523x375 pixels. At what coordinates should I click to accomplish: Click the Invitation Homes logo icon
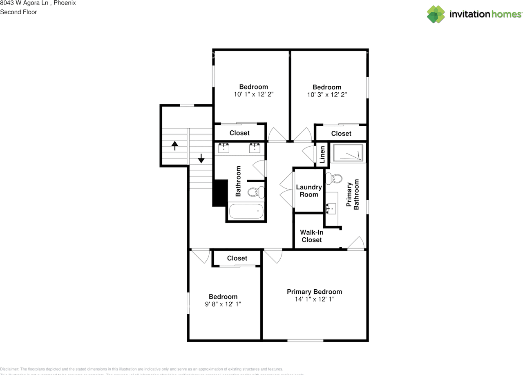tap(436, 14)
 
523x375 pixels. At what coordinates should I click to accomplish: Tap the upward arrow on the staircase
tap(175, 145)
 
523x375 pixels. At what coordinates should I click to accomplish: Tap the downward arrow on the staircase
tap(201, 158)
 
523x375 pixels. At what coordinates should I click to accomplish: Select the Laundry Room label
tap(309, 191)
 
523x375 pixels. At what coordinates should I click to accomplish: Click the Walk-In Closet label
tap(312, 236)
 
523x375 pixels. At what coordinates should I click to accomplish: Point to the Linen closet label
tap(322, 154)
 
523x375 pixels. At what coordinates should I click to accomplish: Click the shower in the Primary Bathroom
tap(348, 153)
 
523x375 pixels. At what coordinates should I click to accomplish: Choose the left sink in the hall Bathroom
tap(224, 147)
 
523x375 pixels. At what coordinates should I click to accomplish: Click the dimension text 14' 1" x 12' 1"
tap(314, 299)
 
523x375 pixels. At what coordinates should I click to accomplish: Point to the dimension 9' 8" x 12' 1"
tap(223, 304)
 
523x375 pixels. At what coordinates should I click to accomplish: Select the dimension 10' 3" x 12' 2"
tap(327, 94)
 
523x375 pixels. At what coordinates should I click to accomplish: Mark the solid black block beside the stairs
tap(220, 193)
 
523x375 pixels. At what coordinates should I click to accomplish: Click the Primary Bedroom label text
tap(314, 292)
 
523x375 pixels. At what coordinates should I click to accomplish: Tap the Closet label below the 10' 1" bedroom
tap(239, 133)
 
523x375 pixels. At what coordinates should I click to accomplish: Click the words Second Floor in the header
tap(18, 12)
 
